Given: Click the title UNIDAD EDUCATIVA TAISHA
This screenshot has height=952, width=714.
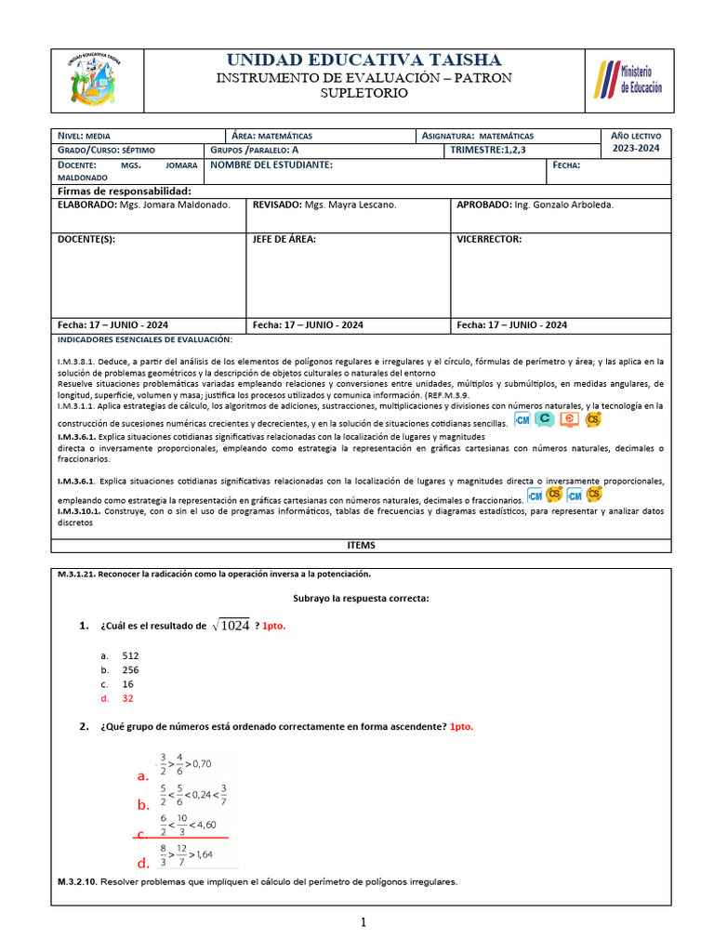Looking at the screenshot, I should pos(364,60).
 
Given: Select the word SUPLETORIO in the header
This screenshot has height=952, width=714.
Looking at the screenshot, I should pos(364,93).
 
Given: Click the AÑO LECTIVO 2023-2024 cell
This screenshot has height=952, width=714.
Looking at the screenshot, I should pos(637,142).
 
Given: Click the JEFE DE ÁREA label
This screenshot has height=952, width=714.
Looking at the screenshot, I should pos(284,239).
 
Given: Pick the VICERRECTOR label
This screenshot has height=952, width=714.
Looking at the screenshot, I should pos(489,239).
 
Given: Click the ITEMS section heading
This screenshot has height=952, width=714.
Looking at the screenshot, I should pos(362,546).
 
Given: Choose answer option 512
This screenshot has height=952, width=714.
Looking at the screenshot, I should pos(130,655).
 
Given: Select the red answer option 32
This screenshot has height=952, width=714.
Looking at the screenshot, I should pos(128,698).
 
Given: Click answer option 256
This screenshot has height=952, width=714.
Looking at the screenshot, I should pos(130,669).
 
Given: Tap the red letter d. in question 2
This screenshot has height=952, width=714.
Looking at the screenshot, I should pos(143,862).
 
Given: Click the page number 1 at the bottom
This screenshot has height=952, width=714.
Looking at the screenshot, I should pos(364,922).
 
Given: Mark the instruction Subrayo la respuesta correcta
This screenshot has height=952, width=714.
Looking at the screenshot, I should pos(361,598).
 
